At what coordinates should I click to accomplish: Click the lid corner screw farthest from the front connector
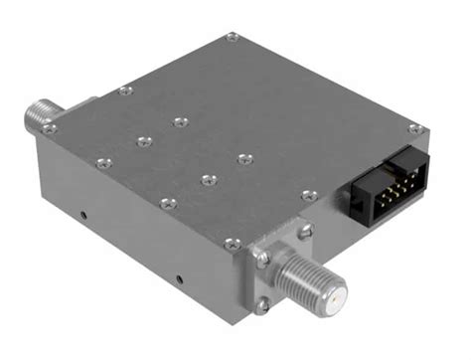232,37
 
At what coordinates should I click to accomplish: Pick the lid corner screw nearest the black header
413,128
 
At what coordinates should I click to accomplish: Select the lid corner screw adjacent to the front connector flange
231,241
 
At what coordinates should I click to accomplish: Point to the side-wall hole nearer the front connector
179,277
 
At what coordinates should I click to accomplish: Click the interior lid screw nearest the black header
245,156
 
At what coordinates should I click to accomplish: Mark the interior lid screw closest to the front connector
207,179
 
